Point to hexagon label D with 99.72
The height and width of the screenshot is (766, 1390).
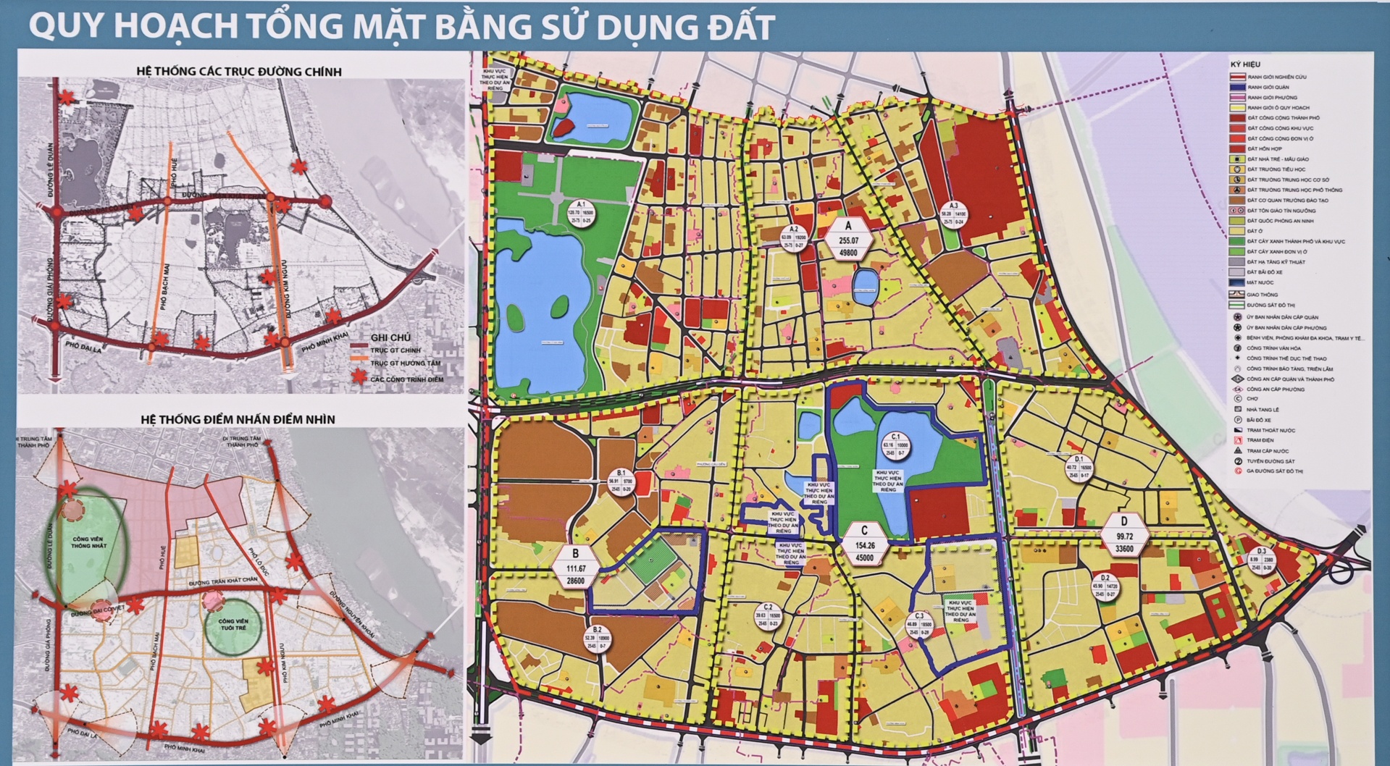coord(1123,535)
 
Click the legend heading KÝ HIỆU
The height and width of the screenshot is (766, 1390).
coord(1245,64)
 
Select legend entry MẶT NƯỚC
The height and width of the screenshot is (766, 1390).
coord(1261,282)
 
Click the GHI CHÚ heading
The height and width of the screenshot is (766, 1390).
coord(390,337)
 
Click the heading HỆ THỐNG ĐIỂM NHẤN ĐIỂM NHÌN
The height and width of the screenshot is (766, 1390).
coord(238,419)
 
